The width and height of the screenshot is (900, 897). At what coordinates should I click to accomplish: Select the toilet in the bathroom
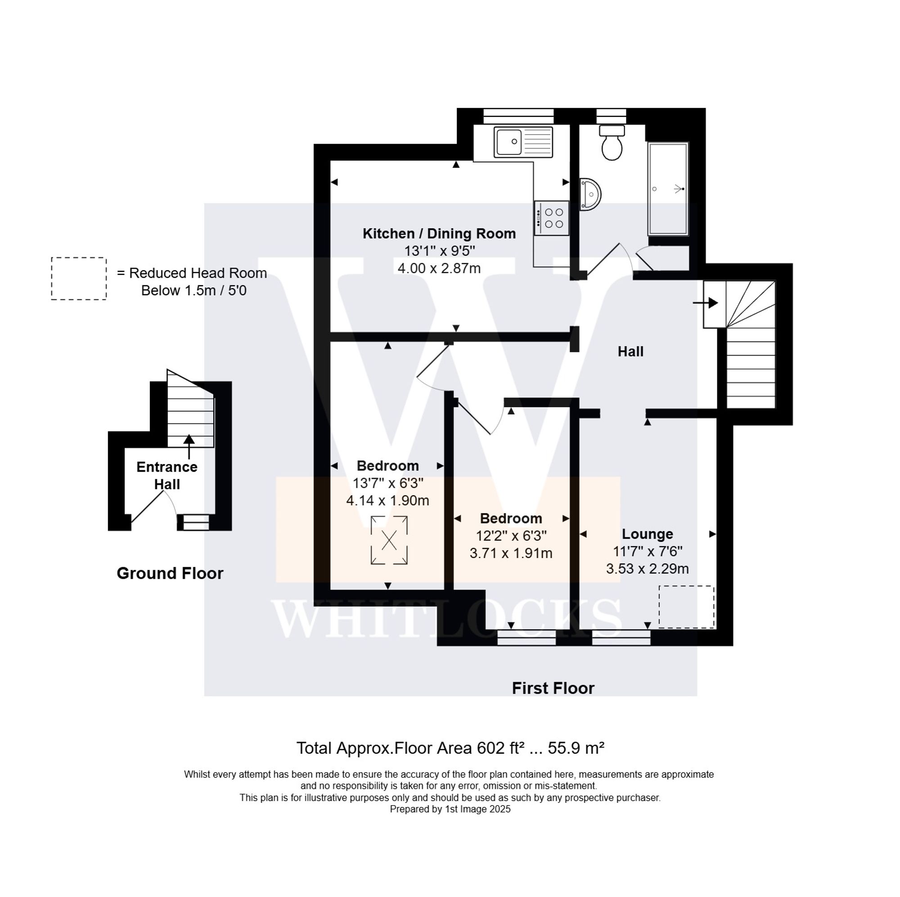[612, 144]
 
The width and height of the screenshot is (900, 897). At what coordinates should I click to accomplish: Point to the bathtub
[667, 189]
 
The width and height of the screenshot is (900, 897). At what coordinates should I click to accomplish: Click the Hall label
[630, 352]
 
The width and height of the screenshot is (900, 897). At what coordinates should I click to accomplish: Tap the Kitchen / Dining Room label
[439, 234]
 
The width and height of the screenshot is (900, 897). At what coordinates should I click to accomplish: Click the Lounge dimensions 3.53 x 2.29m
[647, 568]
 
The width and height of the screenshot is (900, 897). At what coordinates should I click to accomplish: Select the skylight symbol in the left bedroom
[388, 541]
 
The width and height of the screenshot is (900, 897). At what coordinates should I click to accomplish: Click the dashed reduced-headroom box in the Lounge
[686, 607]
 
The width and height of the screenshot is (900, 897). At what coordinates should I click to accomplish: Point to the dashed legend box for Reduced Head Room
[79, 278]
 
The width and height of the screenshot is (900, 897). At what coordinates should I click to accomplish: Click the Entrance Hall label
[167, 475]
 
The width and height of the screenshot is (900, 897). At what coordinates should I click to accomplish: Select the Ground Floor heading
[170, 573]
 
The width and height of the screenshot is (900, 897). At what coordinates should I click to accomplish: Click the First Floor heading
[553, 688]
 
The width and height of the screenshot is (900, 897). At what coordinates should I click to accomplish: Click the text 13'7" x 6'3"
[387, 483]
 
